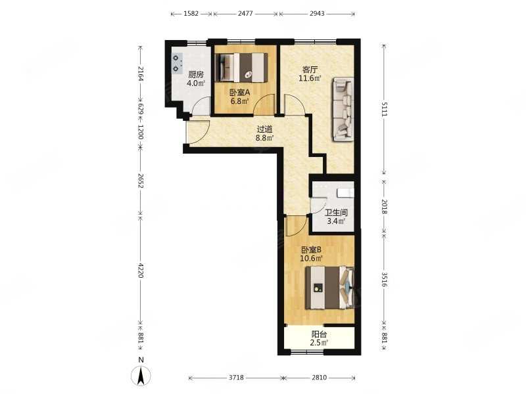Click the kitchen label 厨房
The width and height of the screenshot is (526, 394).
tap(196, 74)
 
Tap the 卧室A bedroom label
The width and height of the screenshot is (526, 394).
tap(240, 92)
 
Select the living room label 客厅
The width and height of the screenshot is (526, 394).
tap(310, 70)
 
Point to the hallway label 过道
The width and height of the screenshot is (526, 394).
tap(265, 129)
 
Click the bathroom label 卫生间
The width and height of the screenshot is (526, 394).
tap(337, 212)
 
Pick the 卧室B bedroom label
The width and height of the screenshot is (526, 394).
tap(311, 250)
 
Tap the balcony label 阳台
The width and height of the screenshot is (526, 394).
tap(320, 334)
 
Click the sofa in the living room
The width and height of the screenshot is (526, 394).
tap(343, 109)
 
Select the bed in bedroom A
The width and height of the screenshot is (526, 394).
tap(241, 68)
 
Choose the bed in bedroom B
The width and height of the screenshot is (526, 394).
tap(329, 288)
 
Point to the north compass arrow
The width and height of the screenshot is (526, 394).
tap(141, 376)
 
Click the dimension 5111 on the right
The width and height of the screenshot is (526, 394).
tap(385, 109)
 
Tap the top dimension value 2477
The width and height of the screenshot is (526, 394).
tap(245, 14)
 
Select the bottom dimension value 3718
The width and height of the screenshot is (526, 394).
tap(236, 378)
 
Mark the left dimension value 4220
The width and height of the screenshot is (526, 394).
tap(141, 270)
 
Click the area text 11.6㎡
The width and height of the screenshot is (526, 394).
tap(310, 78)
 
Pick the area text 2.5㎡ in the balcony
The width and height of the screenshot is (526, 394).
tap(319, 342)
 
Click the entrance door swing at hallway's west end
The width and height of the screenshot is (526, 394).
tap(198, 133)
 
